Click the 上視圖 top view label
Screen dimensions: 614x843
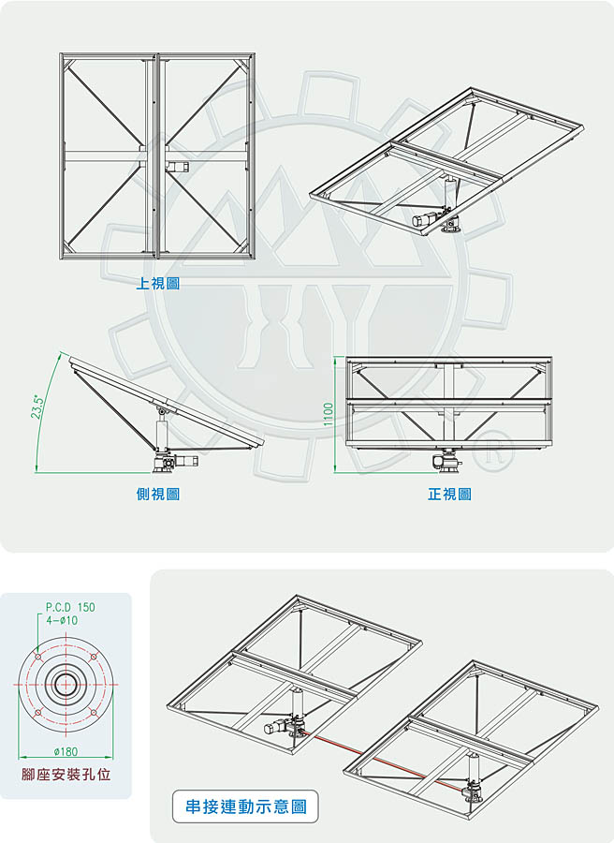click(157, 283)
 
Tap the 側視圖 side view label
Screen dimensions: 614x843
click(158, 494)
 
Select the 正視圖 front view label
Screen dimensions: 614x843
click(449, 494)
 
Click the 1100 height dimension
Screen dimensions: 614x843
click(329, 415)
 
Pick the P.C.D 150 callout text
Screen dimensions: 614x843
click(70, 607)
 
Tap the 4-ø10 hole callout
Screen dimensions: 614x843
click(62, 620)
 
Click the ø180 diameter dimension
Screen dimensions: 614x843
click(66, 751)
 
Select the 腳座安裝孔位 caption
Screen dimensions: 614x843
click(66, 775)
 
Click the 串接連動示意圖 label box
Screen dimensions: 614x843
click(245, 806)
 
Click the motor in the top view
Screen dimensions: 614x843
click(176, 167)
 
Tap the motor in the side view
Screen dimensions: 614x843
click(186, 461)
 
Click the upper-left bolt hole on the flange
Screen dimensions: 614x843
click(37, 657)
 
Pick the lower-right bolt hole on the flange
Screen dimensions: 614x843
click(94, 713)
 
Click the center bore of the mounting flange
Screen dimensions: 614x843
click(66, 685)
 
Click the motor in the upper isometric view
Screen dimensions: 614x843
click(425, 218)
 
